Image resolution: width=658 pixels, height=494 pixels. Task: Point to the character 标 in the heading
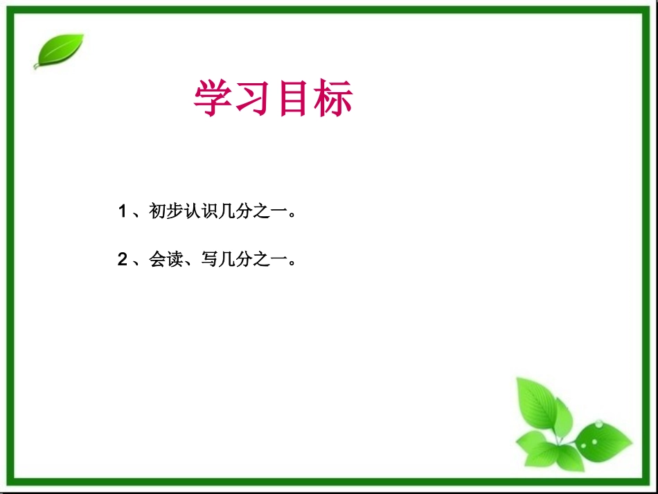click(x=333, y=99)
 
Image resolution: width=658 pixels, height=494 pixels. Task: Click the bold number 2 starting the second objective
click(x=122, y=261)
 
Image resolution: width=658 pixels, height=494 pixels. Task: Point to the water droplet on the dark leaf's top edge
click(x=598, y=423)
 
